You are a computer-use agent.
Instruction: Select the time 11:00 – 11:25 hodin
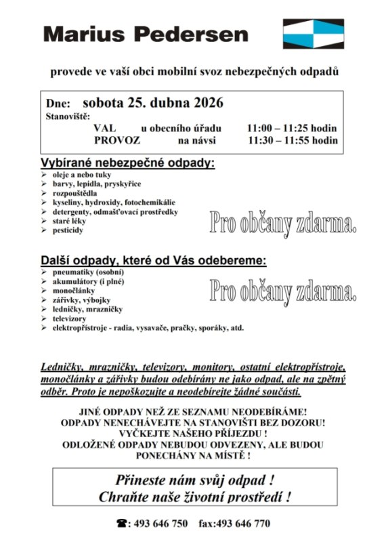point(292,127)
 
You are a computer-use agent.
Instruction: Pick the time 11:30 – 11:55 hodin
point(292,140)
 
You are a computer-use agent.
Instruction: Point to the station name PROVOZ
point(117,140)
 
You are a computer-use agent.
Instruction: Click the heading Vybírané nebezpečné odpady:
point(127,163)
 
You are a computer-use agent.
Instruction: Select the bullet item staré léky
point(70,221)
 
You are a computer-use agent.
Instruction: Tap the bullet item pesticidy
point(68,230)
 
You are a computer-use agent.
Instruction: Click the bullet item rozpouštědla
point(75,192)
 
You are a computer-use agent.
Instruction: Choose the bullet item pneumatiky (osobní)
point(83,271)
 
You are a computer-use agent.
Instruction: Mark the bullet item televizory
point(70,318)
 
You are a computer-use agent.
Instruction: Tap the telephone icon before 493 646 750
point(123,523)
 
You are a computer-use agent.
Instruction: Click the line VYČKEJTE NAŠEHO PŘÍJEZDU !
point(192,432)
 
